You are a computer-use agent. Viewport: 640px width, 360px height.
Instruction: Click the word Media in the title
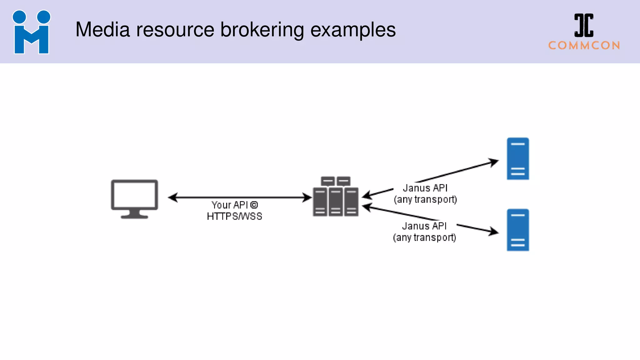[102, 30]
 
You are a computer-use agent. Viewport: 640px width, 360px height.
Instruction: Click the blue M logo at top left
[31, 32]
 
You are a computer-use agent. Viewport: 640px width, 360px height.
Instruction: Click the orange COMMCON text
[584, 46]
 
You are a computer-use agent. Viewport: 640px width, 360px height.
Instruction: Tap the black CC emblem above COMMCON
[584, 25]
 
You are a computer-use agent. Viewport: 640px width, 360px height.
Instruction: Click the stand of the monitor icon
[134, 214]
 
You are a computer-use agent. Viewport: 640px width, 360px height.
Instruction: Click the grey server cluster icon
[335, 197]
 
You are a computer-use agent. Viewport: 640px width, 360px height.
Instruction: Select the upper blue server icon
[517, 159]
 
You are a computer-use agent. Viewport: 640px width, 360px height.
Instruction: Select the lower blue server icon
[517, 230]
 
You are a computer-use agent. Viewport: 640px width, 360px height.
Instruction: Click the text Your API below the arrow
[229, 205]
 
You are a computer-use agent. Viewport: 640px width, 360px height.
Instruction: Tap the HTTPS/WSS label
[234, 216]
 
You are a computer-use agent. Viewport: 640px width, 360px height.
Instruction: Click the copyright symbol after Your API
[254, 205]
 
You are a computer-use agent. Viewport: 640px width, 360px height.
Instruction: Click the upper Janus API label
[425, 188]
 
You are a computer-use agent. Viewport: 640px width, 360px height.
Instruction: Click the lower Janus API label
[424, 226]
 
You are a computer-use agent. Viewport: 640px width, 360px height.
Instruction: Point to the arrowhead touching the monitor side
[173, 197]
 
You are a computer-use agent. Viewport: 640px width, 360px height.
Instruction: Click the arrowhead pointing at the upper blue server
[494, 162]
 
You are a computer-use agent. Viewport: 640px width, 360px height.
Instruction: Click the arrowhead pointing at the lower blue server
[494, 232]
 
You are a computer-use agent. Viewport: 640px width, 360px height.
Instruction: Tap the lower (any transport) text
[424, 237]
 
